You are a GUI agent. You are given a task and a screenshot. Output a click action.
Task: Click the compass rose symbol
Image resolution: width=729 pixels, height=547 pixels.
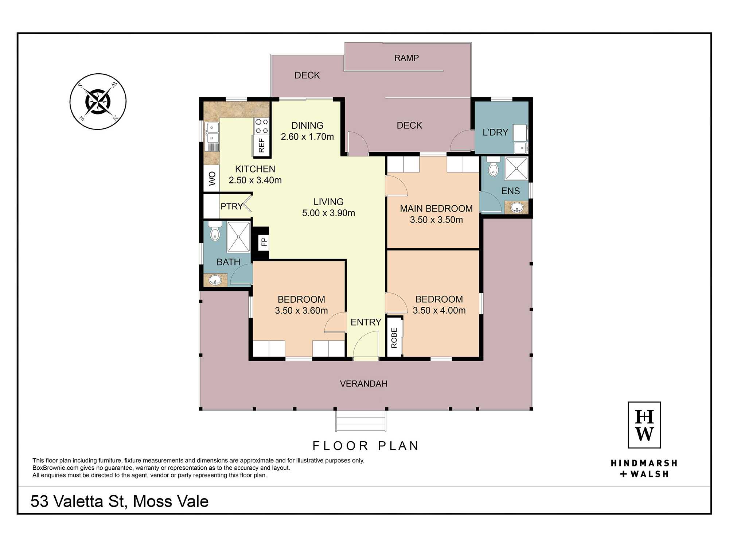[98, 101]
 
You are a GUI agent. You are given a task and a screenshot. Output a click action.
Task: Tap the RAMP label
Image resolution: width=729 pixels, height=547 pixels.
[406, 58]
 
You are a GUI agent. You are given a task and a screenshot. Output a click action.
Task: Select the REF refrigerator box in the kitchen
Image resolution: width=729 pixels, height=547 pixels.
[262, 145]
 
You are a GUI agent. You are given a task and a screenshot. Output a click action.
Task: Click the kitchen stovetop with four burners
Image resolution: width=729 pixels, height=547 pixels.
[262, 126]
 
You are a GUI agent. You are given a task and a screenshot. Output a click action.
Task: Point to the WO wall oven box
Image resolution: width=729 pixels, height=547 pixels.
[212, 178]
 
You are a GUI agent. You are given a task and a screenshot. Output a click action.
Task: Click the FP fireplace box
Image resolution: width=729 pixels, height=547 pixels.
[264, 242]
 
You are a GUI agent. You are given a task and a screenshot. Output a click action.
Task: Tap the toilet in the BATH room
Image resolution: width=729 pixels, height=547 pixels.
[215, 230]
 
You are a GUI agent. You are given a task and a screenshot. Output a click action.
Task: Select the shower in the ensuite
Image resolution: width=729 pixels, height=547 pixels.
[516, 168]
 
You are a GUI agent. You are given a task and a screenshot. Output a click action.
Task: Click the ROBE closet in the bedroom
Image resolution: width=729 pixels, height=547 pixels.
[394, 337]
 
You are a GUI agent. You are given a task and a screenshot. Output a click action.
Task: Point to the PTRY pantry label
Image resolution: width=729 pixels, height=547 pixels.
[231, 206]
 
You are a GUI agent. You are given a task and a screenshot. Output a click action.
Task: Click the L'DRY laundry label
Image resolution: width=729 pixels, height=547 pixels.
[495, 132]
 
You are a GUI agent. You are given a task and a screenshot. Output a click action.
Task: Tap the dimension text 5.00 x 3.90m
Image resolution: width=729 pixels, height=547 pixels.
[328, 213]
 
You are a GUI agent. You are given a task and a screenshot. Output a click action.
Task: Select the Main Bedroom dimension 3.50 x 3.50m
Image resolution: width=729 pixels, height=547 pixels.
[436, 220]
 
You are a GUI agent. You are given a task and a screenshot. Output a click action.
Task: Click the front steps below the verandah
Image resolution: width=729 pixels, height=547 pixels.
[361, 421]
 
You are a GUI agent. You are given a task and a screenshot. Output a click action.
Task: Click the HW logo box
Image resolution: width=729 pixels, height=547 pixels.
[644, 425]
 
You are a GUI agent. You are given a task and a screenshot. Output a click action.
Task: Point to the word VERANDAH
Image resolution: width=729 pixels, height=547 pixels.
[363, 384]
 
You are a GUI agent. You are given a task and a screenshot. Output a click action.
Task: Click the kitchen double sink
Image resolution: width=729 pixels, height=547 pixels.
[213, 133]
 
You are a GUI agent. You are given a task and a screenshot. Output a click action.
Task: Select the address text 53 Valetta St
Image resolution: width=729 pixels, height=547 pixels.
[79, 501]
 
